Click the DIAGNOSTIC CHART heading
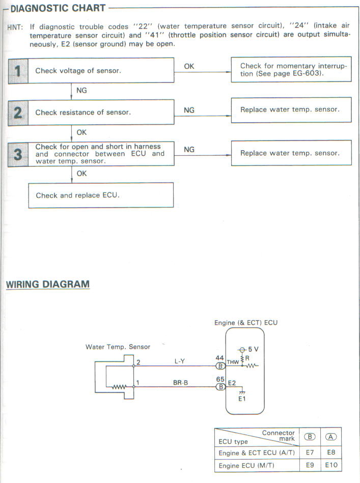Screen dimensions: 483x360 58,8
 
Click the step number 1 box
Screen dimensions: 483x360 18,71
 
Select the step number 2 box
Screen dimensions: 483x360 18,112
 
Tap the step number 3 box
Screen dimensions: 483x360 18,154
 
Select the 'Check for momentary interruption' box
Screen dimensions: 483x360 291,70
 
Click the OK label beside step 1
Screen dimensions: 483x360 189,66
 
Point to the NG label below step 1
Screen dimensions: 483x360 81,90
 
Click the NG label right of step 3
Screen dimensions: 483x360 189,150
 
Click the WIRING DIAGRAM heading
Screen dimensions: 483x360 48,284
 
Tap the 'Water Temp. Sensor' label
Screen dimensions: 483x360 118,347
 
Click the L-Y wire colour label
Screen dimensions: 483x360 180,361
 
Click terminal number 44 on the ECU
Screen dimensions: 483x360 220,358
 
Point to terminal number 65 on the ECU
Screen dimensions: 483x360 220,379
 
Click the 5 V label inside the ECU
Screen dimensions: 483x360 253,350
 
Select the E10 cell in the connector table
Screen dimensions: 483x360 331,465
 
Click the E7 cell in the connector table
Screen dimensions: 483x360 309,452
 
